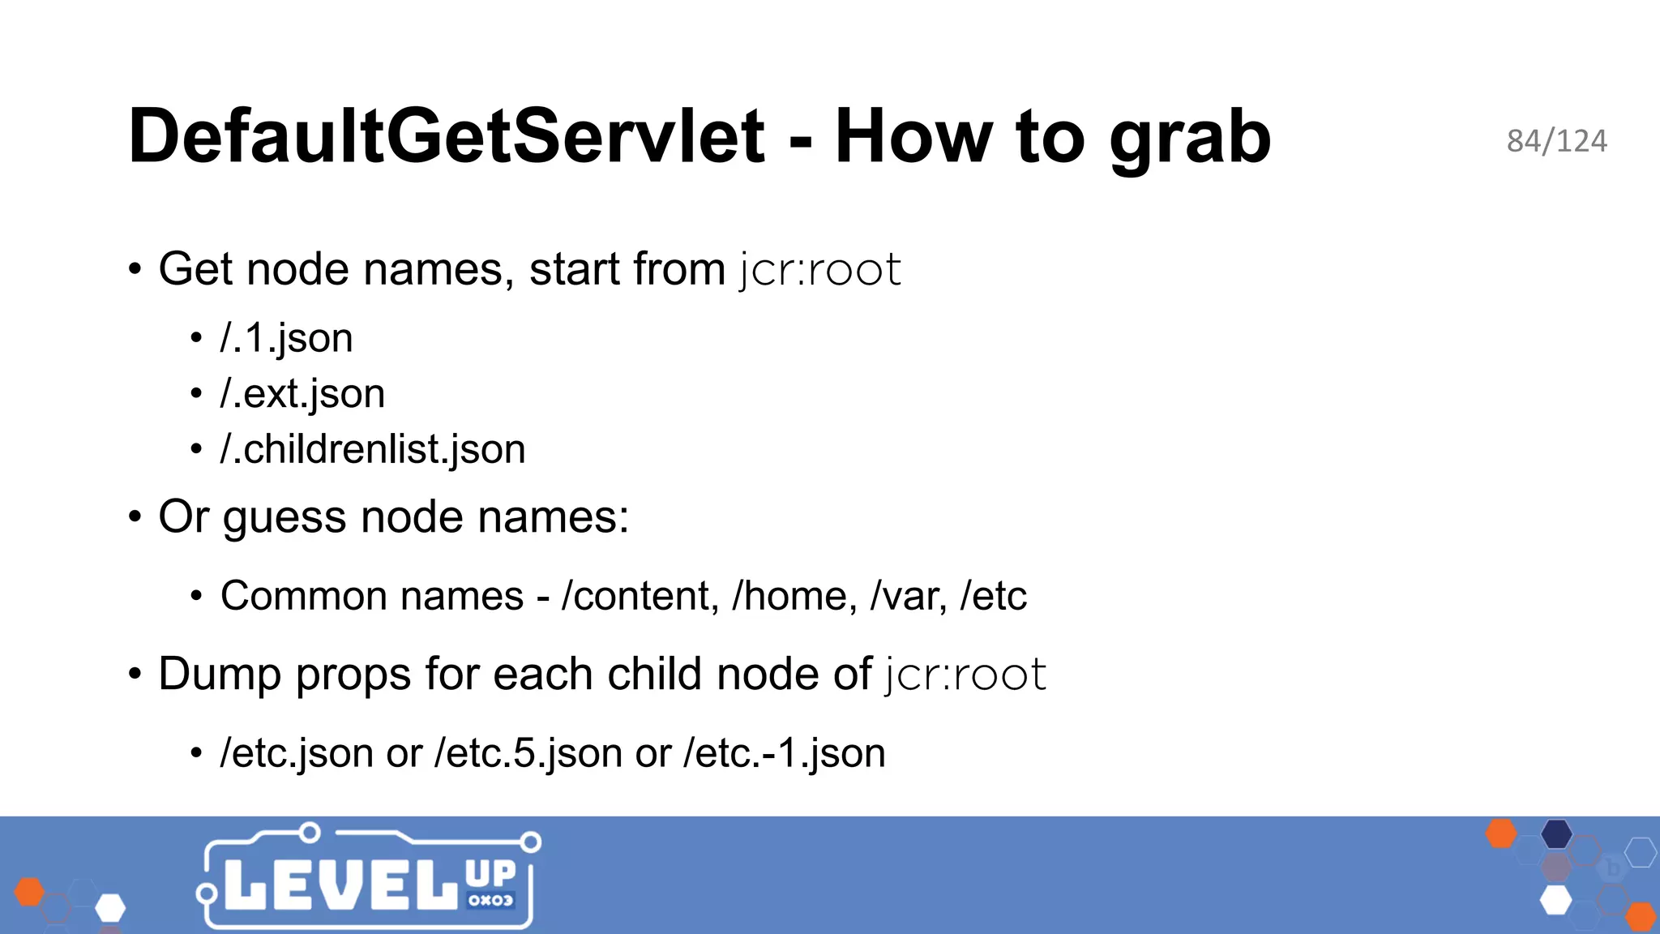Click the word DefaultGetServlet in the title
point(446,136)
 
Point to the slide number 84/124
point(1556,141)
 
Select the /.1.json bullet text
point(286,338)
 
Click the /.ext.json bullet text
point(302,394)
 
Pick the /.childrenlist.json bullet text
point(373,449)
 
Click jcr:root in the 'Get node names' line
point(820,269)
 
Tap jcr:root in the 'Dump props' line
point(966,675)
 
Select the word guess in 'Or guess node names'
point(285,517)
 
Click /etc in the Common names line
point(994,596)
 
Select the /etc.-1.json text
point(785,753)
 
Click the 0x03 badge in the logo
point(490,900)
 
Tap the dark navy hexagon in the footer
point(1556,833)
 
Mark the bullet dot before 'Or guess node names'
point(135,517)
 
